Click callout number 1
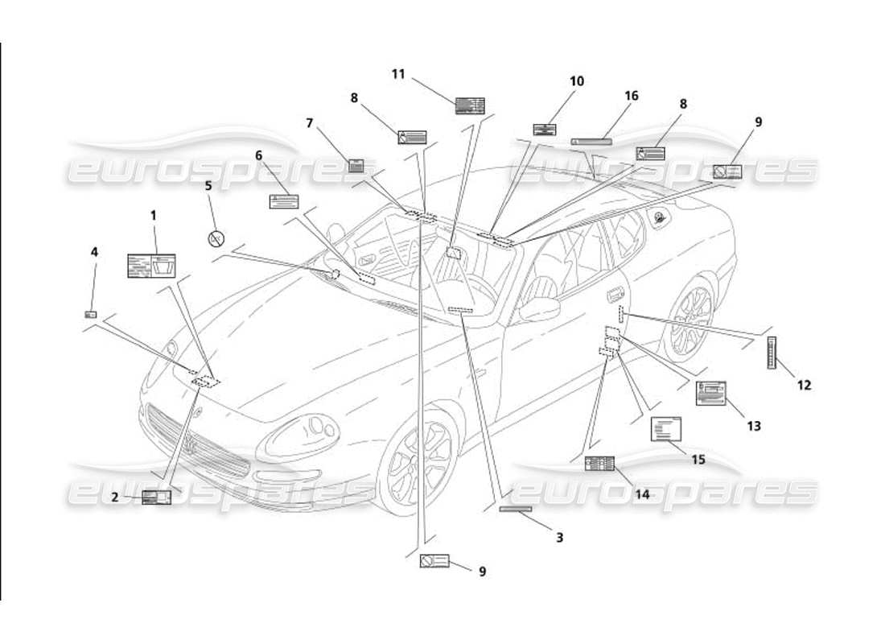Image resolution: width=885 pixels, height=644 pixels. tap(153, 215)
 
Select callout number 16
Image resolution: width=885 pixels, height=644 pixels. tap(631, 96)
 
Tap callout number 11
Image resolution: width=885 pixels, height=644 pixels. tap(398, 74)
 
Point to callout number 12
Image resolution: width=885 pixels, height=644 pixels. tap(804, 385)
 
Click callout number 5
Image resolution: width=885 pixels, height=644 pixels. tap(208, 185)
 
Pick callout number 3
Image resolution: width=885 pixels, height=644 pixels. tap(558, 537)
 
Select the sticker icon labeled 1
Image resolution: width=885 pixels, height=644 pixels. tap(151, 266)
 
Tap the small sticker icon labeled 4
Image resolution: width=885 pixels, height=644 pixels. tap(91, 315)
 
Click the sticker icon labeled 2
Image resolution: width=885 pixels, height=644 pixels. tap(156, 497)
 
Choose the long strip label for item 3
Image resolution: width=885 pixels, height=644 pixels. tap(516, 509)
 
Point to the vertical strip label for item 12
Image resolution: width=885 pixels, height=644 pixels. tap(772, 353)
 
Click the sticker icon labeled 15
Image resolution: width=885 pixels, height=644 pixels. tap(665, 429)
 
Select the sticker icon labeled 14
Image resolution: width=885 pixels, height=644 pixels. tap(599, 463)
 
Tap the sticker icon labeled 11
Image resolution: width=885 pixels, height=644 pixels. tap(470, 105)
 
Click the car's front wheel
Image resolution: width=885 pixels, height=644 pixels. tap(418, 467)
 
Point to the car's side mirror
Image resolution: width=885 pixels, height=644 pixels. tap(539, 308)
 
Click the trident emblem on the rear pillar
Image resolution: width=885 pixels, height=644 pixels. tap(661, 217)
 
